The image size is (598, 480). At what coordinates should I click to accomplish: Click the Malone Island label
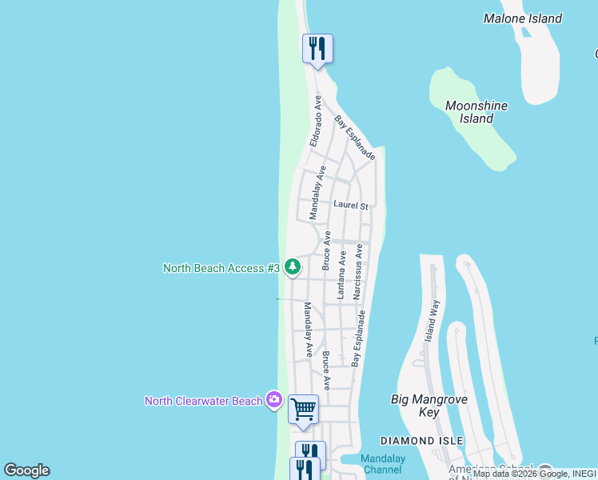[x=523, y=18]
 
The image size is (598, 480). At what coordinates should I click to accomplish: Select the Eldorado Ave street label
[x=317, y=122]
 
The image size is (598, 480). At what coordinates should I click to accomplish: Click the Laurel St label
[x=350, y=206]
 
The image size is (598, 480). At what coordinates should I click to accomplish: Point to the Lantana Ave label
[x=341, y=275]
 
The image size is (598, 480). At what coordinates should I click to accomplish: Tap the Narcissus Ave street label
[x=359, y=272]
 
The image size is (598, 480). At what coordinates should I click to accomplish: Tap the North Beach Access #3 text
[x=221, y=268]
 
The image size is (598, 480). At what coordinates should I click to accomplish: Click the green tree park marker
[x=293, y=267]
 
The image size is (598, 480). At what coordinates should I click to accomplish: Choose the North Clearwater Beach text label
[x=203, y=400]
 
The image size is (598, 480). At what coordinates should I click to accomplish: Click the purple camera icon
[x=274, y=399]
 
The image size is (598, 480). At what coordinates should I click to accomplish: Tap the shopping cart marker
[x=303, y=410]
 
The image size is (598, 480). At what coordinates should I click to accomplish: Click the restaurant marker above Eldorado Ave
[x=317, y=50]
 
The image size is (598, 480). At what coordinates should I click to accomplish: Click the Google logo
[x=26, y=470]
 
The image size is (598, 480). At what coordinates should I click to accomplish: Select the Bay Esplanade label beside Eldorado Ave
[x=354, y=138]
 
